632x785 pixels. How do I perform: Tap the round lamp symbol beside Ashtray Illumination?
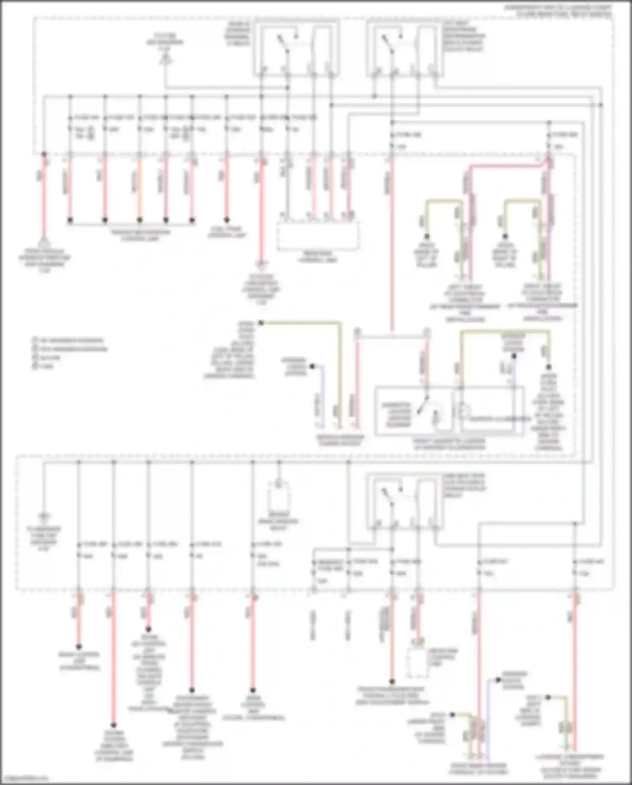[x=463, y=411]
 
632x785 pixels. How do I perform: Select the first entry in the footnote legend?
[x=70, y=340]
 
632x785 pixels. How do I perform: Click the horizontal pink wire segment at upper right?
[x=506, y=167]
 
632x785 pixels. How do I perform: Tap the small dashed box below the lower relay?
[x=417, y=664]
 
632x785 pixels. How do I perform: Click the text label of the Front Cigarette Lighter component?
[x=449, y=444]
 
